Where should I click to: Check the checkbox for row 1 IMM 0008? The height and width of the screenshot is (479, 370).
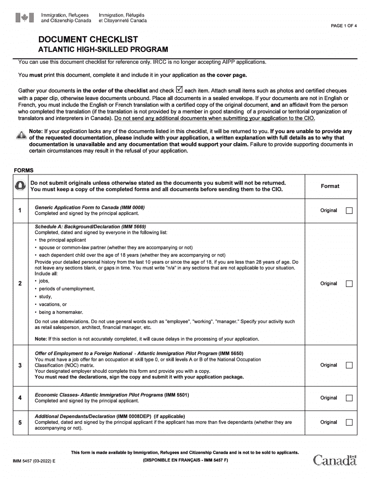[x=349, y=211]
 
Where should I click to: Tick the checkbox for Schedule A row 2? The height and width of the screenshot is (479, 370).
[x=349, y=284]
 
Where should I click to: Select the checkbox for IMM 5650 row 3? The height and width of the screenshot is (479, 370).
[x=349, y=365]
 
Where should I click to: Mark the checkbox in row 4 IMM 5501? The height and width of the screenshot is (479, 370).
[x=349, y=398]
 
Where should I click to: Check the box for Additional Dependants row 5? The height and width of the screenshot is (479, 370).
[x=349, y=422]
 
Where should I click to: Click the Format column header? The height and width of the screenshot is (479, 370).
[x=330, y=186]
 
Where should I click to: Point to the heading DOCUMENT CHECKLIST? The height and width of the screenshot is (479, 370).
[x=88, y=39]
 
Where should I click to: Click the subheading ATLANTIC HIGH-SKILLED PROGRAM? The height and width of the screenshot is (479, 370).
[x=103, y=49]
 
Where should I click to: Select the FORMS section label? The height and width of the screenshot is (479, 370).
[x=23, y=170]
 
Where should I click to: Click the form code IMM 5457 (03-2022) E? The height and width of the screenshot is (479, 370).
[x=34, y=461]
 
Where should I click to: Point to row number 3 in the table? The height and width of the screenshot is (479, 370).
[x=20, y=365]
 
